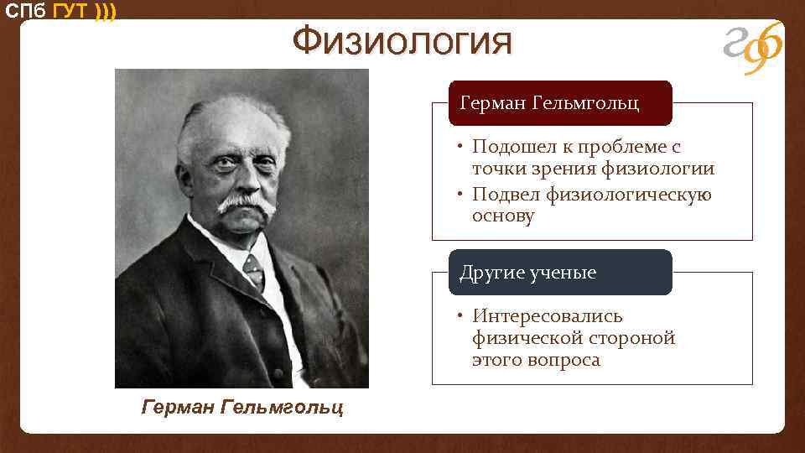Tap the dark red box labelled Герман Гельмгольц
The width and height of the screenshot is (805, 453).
tap(560, 103)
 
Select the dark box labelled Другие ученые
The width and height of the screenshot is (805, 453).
tap(560, 273)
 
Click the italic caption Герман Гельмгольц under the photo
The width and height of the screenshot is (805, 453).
tap(242, 408)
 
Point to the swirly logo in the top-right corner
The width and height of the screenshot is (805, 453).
tap(753, 46)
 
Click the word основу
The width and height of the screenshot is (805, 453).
tap(503, 216)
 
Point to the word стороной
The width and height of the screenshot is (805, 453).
tap(634, 338)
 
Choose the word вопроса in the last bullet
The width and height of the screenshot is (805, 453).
tap(565, 360)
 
